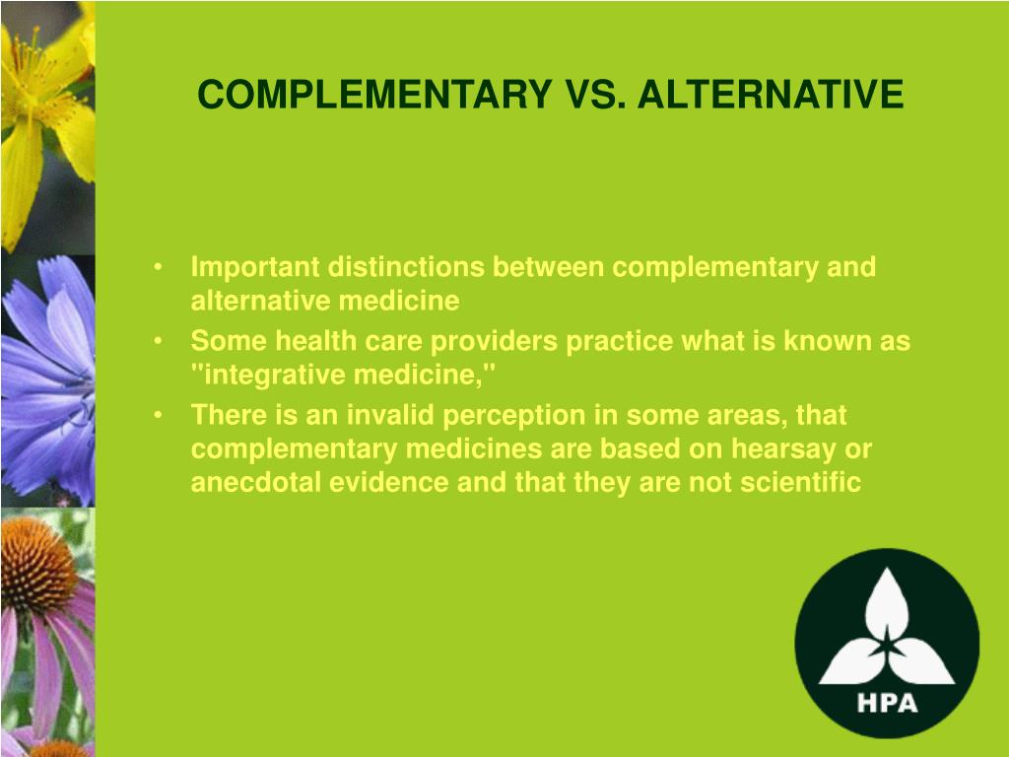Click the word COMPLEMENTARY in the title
coord(375,96)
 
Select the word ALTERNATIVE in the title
coord(771,96)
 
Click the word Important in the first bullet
coord(254,267)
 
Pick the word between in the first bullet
coord(548,267)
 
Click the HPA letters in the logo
coord(887,704)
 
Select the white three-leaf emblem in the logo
coord(887,631)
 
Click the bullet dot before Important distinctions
coord(160,268)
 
